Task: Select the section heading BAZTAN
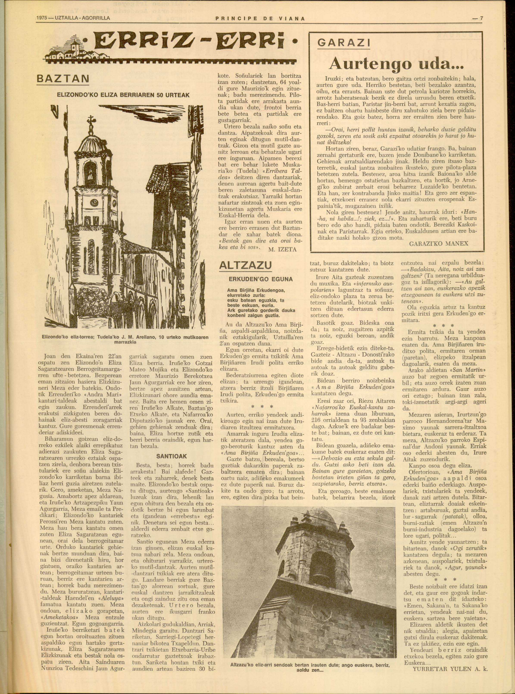pos(63,78)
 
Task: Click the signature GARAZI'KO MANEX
pos(439,243)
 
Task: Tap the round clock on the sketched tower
pos(94,203)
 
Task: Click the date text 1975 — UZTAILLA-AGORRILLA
pos(73,18)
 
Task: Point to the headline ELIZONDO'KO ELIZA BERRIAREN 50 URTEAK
pos(123,95)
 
